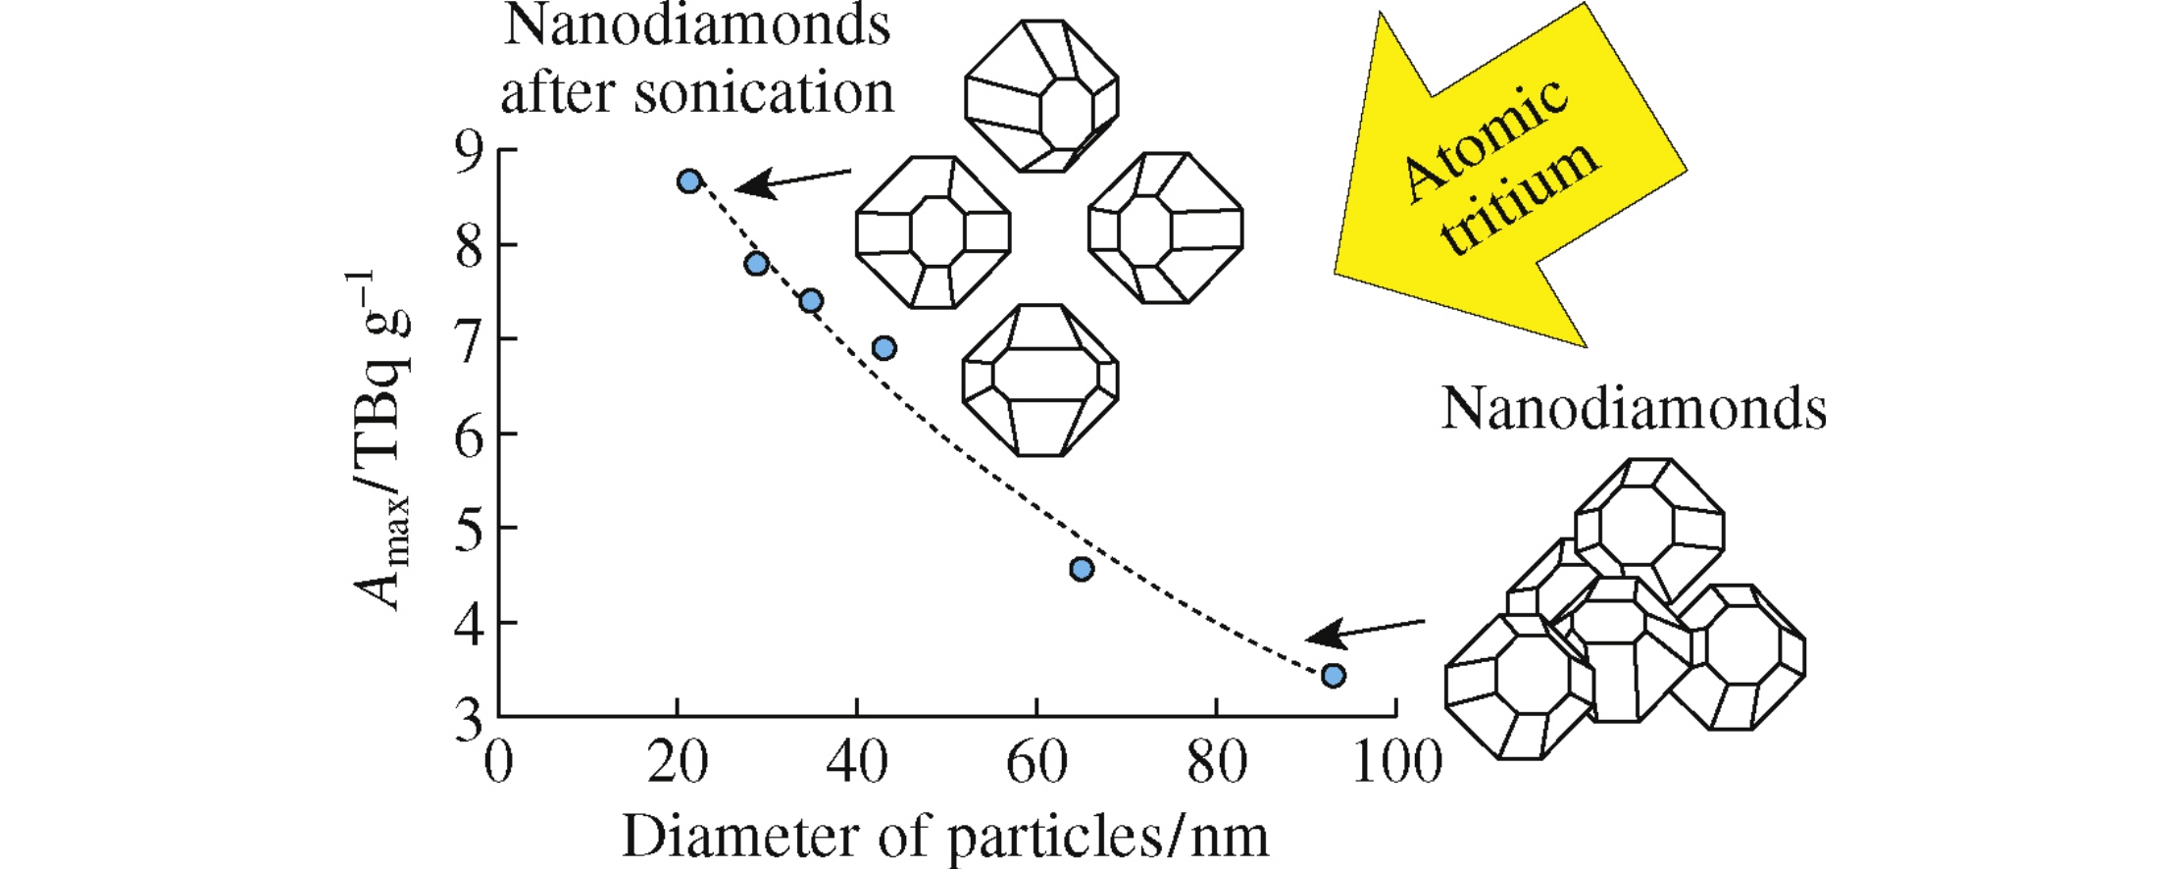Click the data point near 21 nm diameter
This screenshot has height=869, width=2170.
click(689, 180)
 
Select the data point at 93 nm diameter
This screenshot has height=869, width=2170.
click(1333, 675)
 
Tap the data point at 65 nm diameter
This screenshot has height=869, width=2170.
click(1081, 569)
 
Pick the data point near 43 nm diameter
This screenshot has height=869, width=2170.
click(884, 347)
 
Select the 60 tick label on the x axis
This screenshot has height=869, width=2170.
click(1036, 763)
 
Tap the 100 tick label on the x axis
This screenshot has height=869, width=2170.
click(1396, 763)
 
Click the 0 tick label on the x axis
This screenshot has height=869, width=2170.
click(498, 763)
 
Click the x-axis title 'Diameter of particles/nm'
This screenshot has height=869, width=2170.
click(945, 836)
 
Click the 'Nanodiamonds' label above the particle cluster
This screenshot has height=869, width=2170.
click(1634, 408)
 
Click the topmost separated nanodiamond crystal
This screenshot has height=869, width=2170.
click(1041, 95)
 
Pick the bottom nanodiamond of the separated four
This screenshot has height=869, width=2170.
click(1040, 380)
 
